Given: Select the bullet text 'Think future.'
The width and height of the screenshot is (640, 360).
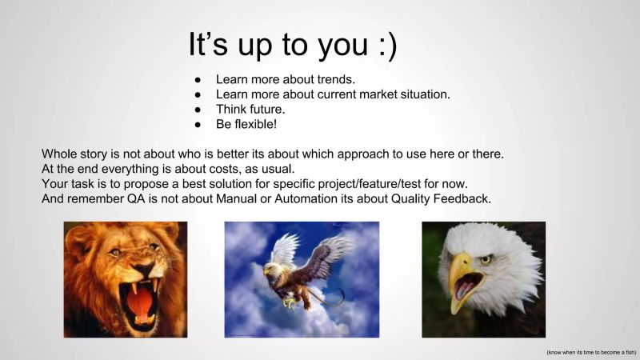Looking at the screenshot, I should click(250, 109).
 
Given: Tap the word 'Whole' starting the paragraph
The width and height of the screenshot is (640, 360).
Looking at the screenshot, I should click(59, 153).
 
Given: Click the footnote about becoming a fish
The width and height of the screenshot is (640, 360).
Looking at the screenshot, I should click(591, 353).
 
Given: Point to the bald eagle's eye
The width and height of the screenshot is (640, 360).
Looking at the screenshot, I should click(485, 259).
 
